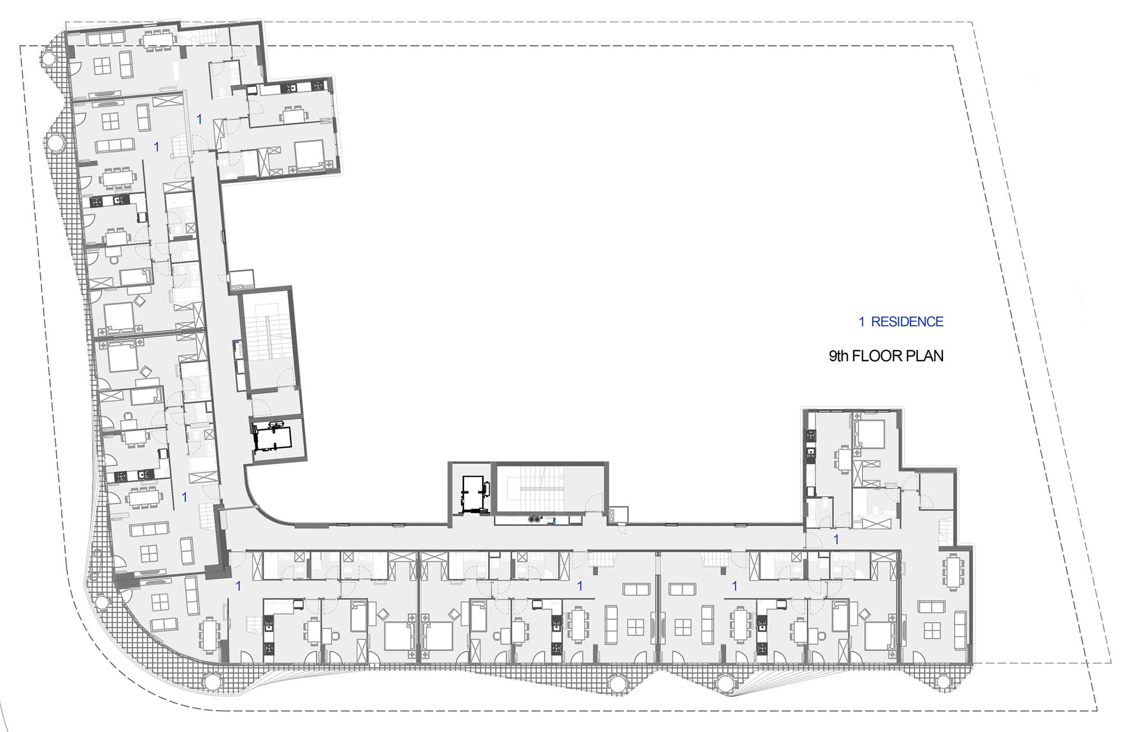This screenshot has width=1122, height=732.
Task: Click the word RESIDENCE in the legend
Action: (x=907, y=321)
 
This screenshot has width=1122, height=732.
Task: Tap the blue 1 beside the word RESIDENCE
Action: (x=862, y=321)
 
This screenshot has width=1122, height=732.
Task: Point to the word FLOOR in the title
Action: (x=876, y=356)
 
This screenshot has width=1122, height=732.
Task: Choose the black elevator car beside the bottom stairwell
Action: (x=475, y=494)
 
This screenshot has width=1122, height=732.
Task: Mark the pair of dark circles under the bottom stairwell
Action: (x=535, y=519)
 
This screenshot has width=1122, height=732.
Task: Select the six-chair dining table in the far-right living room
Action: (x=954, y=572)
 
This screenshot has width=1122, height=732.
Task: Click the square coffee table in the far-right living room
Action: (x=932, y=630)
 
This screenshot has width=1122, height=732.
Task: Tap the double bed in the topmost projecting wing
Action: (x=309, y=155)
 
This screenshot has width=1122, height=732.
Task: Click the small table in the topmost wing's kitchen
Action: (x=293, y=115)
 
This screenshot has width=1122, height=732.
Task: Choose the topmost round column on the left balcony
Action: (x=47, y=58)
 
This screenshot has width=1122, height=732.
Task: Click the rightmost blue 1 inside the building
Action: (x=836, y=540)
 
